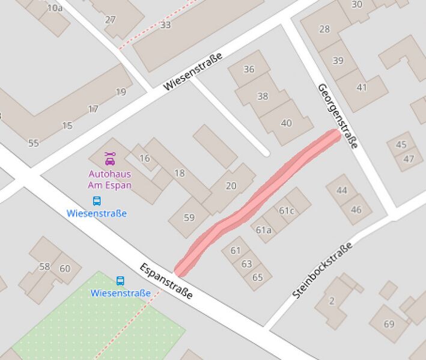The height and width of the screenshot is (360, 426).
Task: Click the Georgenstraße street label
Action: [338, 115]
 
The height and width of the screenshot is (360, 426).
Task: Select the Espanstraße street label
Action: [166, 281]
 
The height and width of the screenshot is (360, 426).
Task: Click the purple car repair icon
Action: [109, 159]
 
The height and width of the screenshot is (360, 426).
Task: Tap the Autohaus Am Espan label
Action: [109, 180]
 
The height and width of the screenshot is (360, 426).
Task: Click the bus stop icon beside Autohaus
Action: [97, 201]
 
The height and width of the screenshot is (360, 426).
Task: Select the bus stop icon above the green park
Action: [120, 281]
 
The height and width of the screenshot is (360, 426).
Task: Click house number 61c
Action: [287, 210]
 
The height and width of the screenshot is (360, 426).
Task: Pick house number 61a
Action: [263, 230]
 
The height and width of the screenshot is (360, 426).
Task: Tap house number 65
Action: [258, 277]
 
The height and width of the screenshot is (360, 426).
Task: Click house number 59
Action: [189, 218]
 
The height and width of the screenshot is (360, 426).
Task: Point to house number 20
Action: [231, 186]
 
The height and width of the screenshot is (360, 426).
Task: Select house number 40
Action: [286, 123]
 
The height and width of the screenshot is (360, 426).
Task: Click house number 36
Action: [249, 69]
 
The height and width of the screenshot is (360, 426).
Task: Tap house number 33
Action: [165, 25]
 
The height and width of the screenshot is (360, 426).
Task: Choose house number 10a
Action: [55, 8]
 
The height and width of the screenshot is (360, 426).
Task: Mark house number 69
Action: [389, 325]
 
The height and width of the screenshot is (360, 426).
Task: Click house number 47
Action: [409, 159]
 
